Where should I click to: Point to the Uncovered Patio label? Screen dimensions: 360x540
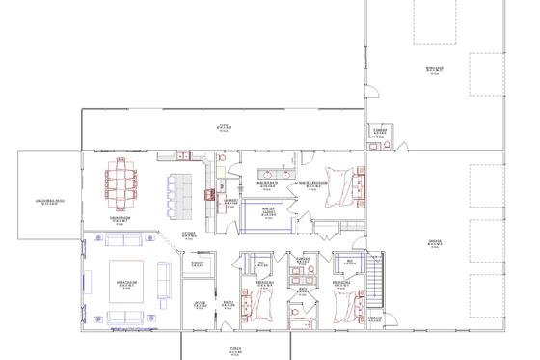(43, 202)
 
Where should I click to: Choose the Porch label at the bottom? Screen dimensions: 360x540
(235, 349)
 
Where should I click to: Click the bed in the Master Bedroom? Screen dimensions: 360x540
(341, 183)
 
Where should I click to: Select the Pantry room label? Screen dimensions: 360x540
(197, 263)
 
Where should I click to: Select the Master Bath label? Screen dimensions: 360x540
(268, 183)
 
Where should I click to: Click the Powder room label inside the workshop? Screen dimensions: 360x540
(379, 132)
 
